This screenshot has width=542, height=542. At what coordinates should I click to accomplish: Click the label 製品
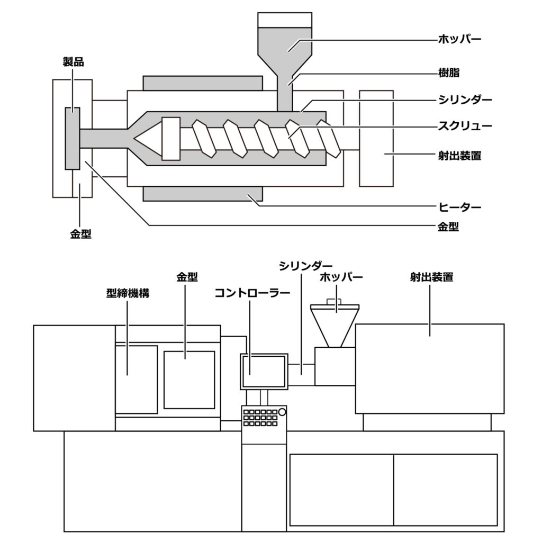click(x=73, y=62)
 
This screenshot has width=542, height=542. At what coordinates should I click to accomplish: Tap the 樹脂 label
click(x=449, y=73)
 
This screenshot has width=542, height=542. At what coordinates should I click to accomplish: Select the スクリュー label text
click(x=465, y=126)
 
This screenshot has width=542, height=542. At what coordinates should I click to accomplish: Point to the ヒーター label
click(x=460, y=207)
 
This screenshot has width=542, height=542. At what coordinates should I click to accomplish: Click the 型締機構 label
click(x=128, y=293)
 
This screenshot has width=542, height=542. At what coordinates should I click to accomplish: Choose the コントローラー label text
click(x=252, y=293)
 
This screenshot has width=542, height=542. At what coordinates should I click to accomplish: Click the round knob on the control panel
click(x=282, y=412)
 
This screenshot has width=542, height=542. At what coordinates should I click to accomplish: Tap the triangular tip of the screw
click(x=148, y=139)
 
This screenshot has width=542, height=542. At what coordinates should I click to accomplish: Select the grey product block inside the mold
click(x=73, y=138)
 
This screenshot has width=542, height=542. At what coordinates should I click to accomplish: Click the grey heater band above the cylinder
click(x=203, y=83)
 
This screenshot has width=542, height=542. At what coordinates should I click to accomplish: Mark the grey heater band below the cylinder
click(x=203, y=194)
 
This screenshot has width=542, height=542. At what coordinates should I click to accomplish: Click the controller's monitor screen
click(x=264, y=372)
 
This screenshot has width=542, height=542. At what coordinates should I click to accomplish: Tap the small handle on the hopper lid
click(x=335, y=301)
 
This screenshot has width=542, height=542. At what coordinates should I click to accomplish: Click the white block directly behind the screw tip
click(x=171, y=139)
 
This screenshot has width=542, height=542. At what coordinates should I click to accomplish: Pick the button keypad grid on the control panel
click(x=260, y=418)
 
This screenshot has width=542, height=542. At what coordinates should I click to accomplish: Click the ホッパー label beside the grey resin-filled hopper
click(x=460, y=39)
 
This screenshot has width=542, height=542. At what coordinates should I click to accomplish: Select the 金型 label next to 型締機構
click(x=187, y=277)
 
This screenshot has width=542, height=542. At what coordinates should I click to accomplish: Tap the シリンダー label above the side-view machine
click(x=305, y=266)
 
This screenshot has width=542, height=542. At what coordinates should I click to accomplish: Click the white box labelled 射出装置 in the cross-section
click(x=376, y=139)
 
